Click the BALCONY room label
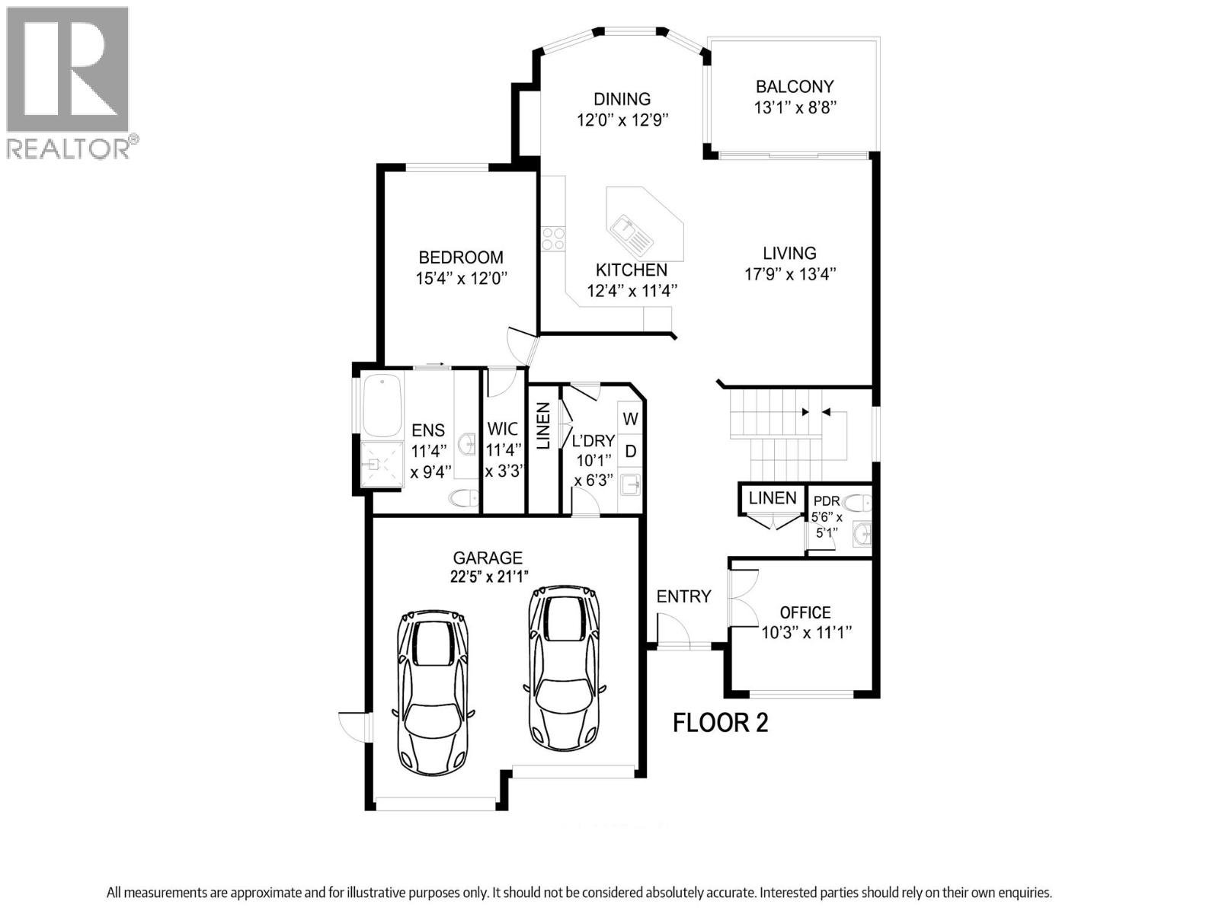795,87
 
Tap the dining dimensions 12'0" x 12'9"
622,120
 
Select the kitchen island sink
632,233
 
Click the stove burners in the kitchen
553,239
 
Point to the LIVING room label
790,254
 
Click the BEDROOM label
461,257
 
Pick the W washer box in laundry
631,419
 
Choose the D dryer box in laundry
631,451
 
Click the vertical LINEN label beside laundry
544,427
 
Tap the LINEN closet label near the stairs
773,498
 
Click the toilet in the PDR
858,502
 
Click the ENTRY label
683,596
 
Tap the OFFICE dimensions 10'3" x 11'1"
806,632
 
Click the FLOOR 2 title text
720,722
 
